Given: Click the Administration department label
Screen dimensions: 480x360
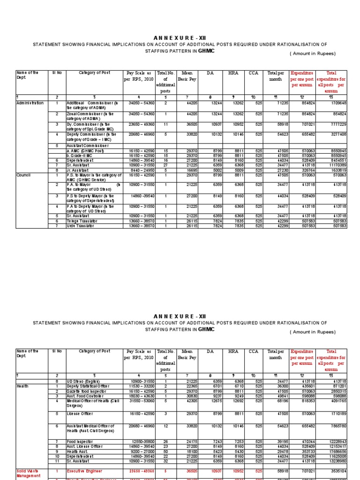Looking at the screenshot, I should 30,103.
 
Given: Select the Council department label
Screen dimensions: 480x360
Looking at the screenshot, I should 23,174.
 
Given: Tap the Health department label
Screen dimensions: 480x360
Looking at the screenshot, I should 22,386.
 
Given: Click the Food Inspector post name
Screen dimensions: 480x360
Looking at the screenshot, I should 79,441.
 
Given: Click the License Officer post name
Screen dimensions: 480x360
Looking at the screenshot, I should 80,413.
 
